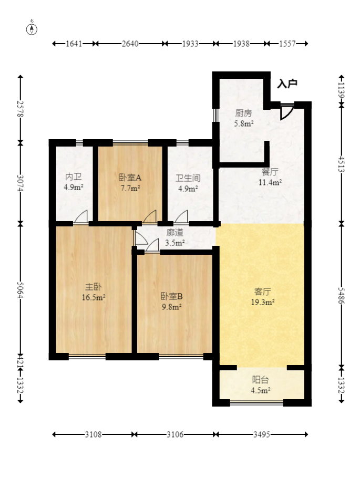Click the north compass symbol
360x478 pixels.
33,28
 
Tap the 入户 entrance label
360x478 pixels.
287,84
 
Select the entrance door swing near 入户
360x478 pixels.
286,112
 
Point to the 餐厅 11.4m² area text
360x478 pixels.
270,183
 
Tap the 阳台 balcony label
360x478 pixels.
261,380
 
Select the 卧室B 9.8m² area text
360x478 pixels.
171,307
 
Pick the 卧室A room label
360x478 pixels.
129,178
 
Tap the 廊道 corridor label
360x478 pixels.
174,232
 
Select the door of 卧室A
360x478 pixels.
150,217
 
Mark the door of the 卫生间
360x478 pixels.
181,217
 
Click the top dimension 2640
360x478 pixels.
130,44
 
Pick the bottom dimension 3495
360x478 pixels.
262,434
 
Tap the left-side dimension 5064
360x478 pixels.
21,288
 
